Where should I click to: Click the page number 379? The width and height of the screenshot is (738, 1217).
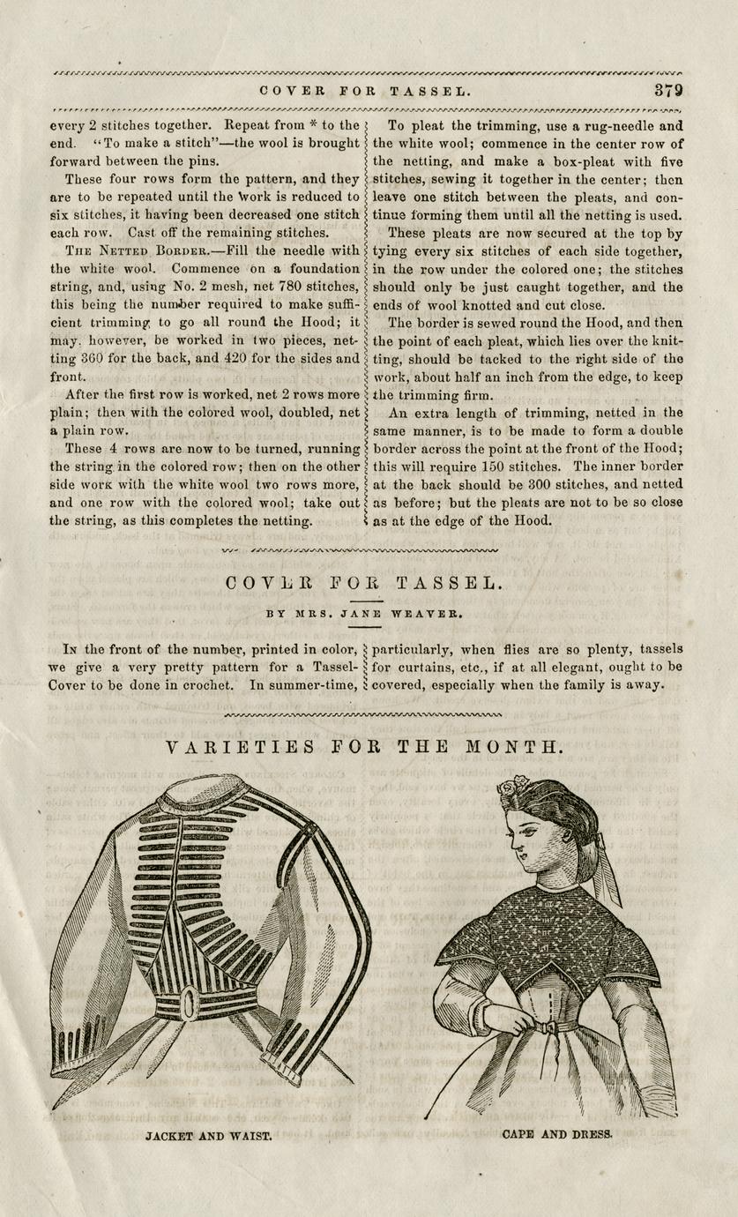pyautogui.click(x=669, y=91)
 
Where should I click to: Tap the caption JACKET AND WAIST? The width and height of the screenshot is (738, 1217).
pyautogui.click(x=208, y=1137)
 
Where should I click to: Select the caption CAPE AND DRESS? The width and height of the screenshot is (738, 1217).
pyautogui.click(x=556, y=1134)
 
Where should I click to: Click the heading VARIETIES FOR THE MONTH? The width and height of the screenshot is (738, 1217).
pyautogui.click(x=364, y=748)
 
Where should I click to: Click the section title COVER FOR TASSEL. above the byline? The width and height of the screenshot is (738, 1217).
pyautogui.click(x=365, y=583)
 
